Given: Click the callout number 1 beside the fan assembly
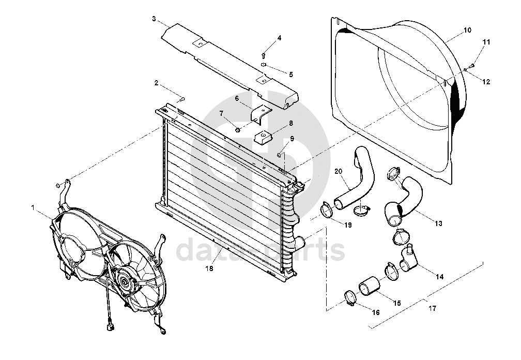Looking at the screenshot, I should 33,208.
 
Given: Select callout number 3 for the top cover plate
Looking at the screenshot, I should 154,19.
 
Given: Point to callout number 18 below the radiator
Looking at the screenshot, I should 209,268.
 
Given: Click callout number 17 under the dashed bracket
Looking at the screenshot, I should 432,308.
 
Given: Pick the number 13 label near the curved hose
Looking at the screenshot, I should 438,224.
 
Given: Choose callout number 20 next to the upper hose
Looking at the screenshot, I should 338,172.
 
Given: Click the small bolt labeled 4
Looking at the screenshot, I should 263,55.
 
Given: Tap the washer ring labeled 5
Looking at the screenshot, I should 264,65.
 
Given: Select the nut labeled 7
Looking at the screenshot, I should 237,129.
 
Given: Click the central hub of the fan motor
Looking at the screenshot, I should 124,281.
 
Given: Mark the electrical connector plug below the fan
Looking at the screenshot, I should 111,327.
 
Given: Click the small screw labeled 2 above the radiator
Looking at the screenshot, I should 183,99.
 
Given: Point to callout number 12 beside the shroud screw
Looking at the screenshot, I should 486,82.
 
